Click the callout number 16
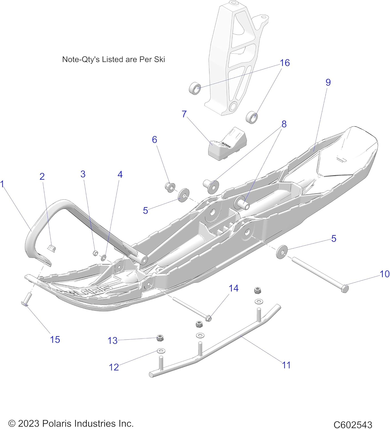[x=285, y=63]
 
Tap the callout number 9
[x=328, y=82]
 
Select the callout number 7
[x=184, y=114]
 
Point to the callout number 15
[x=55, y=339]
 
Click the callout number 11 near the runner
[x=286, y=365]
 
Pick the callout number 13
[x=112, y=341]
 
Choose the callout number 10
[x=385, y=274]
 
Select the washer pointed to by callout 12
[x=161, y=350]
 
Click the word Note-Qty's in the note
[x=81, y=59]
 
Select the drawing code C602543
[x=353, y=425]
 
